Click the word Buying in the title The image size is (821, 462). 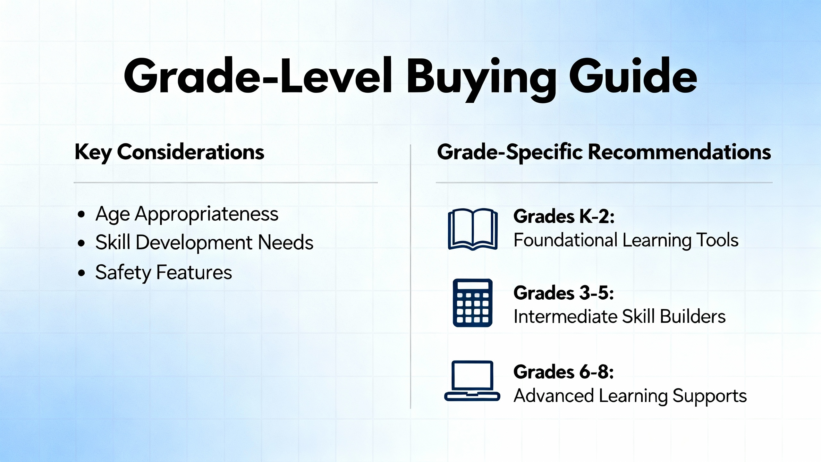click(x=481, y=79)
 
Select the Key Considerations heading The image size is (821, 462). click(x=169, y=152)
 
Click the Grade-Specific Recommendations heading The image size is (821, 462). click(x=604, y=152)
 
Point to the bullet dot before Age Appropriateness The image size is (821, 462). click(x=81, y=214)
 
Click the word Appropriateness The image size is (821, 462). click(x=207, y=215)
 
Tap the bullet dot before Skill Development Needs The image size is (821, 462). click(x=81, y=243)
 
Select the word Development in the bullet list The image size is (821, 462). click(x=194, y=243)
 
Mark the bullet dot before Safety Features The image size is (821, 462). click(x=81, y=273)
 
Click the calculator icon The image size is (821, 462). click(x=472, y=303)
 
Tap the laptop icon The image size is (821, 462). click(x=472, y=381)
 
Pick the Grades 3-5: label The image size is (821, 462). click(x=564, y=293)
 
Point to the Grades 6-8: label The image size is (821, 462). click(x=564, y=372)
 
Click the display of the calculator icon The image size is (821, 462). click(x=472, y=286)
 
